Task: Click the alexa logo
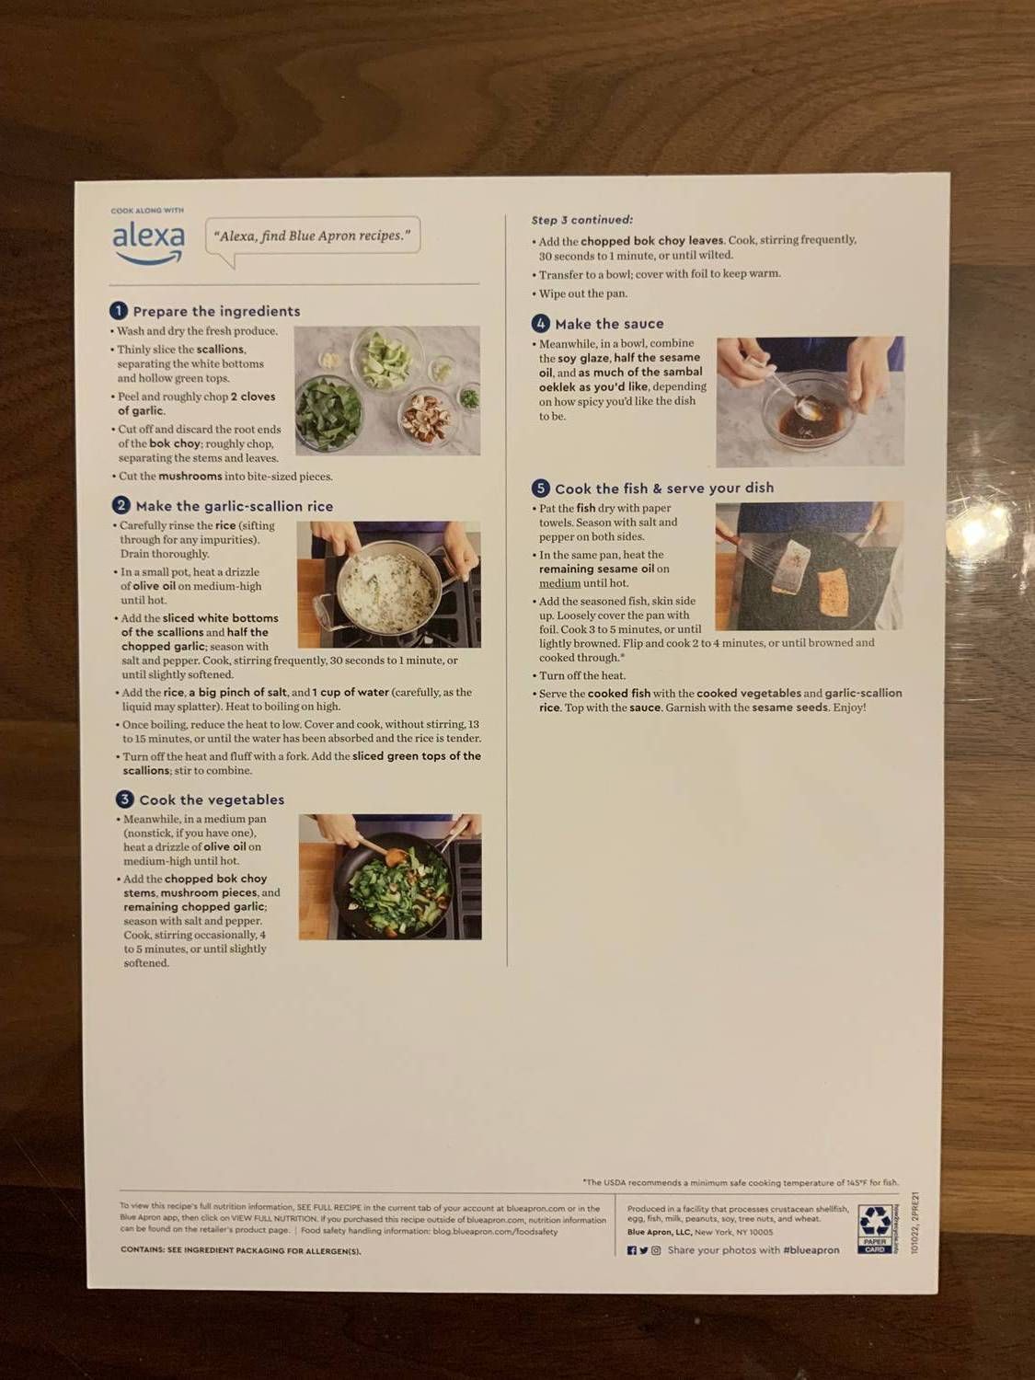point(148,242)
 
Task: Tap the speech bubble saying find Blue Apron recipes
point(312,236)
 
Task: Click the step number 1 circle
point(118,311)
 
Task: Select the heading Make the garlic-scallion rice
point(234,506)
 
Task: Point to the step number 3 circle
point(124,799)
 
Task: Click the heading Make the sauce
point(608,324)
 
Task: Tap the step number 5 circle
point(541,489)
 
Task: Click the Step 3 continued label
point(581,220)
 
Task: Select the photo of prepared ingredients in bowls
point(386,390)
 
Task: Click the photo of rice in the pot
point(388,584)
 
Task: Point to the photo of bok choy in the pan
point(390,876)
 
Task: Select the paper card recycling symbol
point(874,1229)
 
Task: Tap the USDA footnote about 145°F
point(740,1183)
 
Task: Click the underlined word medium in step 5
point(559,583)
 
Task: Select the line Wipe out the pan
point(582,293)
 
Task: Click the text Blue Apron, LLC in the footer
point(659,1232)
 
